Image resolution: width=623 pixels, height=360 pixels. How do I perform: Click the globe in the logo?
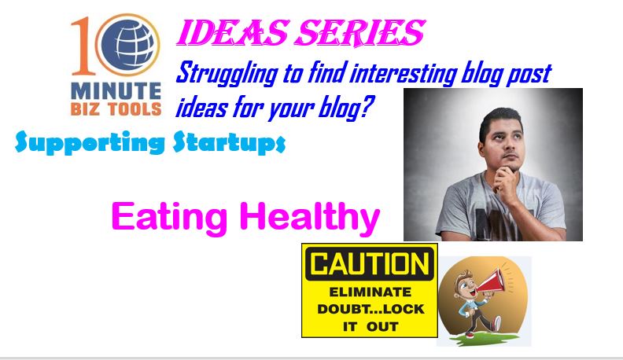[x=128, y=45]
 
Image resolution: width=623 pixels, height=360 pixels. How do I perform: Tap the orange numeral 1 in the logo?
[x=83, y=46]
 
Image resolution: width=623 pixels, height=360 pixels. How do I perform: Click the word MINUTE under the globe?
[x=116, y=92]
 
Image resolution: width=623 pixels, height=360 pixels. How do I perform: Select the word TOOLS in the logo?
[x=135, y=109]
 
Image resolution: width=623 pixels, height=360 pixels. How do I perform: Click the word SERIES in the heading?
[x=360, y=33]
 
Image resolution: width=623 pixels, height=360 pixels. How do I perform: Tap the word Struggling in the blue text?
[x=227, y=74]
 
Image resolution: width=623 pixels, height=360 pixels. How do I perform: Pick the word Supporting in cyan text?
[x=90, y=142]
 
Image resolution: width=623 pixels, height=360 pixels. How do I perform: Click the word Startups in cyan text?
[x=229, y=142]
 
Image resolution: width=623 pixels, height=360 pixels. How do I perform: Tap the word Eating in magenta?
[x=170, y=217]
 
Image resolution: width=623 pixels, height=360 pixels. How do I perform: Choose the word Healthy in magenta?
[x=310, y=217]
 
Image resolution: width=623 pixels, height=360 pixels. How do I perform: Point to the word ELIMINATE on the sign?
[x=370, y=292]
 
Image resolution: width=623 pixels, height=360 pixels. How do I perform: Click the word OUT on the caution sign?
[x=382, y=327]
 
